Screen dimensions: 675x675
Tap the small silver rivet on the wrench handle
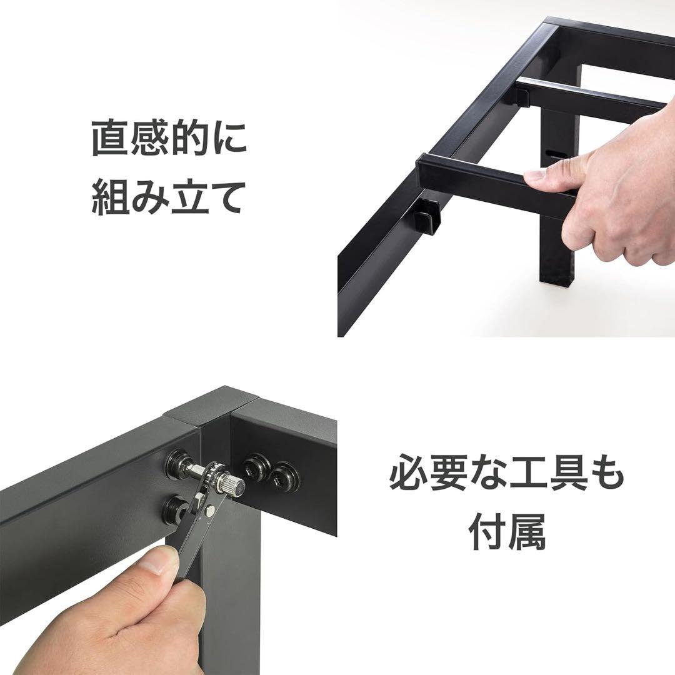[211, 511]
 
